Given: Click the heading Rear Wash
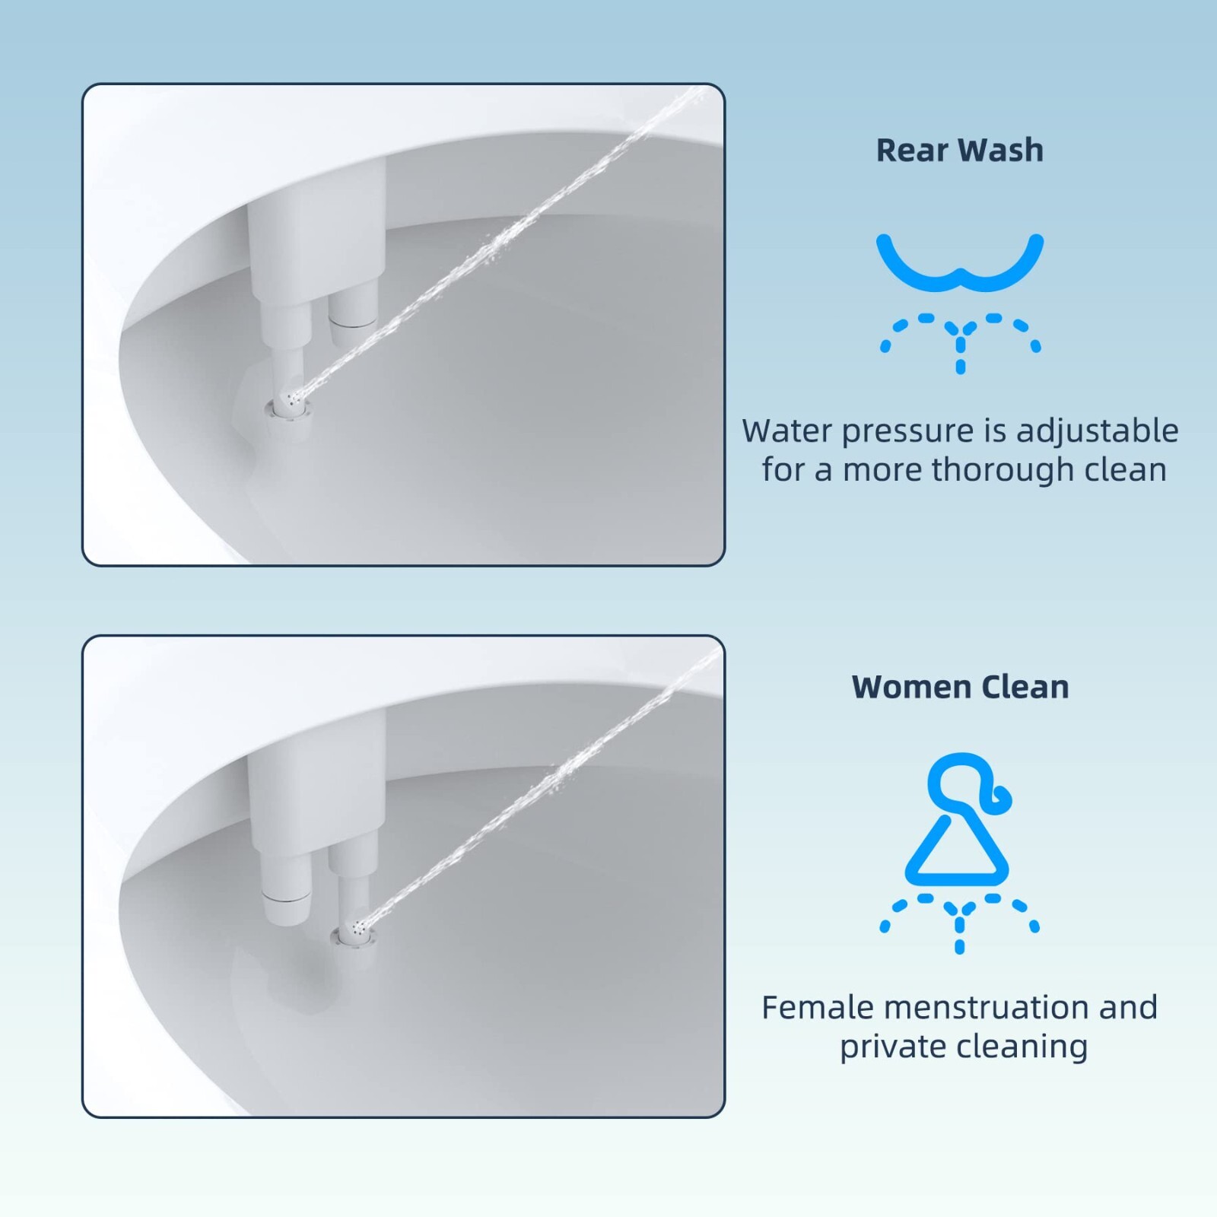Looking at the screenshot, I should [x=959, y=150].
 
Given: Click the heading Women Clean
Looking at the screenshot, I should [x=960, y=687].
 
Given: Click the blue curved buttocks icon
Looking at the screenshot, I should [x=960, y=263].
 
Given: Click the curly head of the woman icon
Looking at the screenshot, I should [x=964, y=783].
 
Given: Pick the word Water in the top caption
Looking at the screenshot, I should [x=787, y=431].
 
